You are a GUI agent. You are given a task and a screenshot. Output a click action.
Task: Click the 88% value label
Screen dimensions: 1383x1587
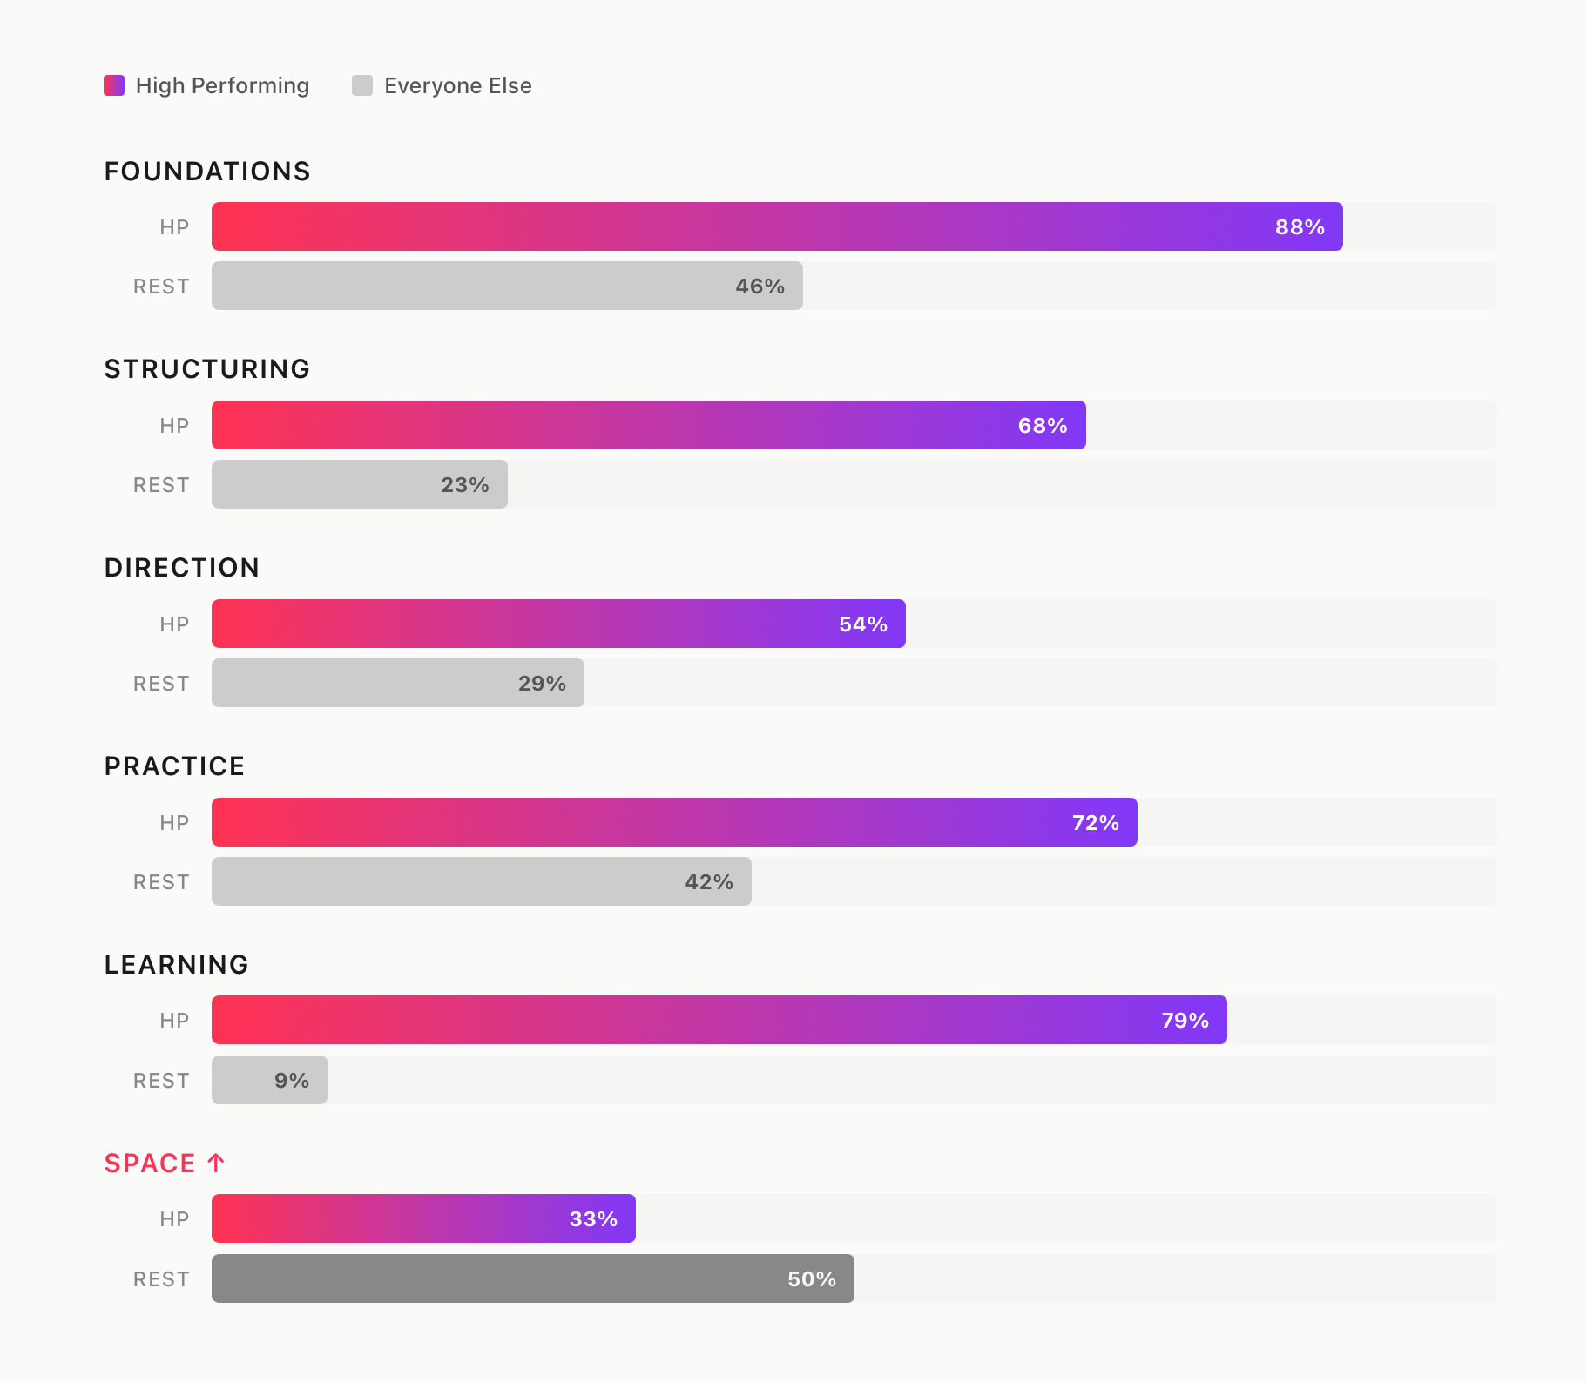point(1299,227)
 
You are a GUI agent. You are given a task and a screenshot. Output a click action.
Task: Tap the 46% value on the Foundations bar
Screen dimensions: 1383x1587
point(760,287)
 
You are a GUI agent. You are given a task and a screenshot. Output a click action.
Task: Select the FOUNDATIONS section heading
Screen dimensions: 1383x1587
point(207,172)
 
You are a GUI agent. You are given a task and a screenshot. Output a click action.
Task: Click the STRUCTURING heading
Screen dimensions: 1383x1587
point(207,369)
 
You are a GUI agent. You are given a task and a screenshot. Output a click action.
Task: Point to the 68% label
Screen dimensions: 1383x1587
point(1042,426)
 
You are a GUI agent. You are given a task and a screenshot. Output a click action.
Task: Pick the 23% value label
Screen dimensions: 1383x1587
point(464,485)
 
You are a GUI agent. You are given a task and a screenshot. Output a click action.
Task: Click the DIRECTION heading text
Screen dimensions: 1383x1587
point(182,568)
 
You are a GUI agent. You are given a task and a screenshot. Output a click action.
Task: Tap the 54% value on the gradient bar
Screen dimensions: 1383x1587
point(862,624)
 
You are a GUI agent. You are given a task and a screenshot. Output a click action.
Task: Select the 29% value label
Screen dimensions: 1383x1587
point(542,684)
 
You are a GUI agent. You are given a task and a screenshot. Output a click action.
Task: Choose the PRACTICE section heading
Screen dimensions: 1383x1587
point(174,766)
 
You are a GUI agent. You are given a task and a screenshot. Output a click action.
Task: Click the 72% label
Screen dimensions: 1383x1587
point(1095,823)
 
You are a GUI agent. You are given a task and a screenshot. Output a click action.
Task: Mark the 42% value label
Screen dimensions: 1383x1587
point(708,882)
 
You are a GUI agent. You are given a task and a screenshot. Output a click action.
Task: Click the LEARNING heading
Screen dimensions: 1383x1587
point(177,965)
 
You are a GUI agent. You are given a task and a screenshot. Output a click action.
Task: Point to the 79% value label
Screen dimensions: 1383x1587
point(1185,1021)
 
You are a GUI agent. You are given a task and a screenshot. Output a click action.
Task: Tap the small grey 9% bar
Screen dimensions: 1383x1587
point(269,1081)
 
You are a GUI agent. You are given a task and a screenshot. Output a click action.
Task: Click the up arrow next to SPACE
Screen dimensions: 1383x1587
point(216,1163)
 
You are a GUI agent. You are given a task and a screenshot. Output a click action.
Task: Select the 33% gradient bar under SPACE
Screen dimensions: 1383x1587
point(423,1219)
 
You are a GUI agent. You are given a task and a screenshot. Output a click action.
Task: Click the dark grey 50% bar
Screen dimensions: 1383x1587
point(532,1279)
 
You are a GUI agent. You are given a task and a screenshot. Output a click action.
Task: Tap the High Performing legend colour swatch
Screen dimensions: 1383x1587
point(114,85)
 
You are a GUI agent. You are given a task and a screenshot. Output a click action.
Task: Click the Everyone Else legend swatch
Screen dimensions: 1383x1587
point(362,85)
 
